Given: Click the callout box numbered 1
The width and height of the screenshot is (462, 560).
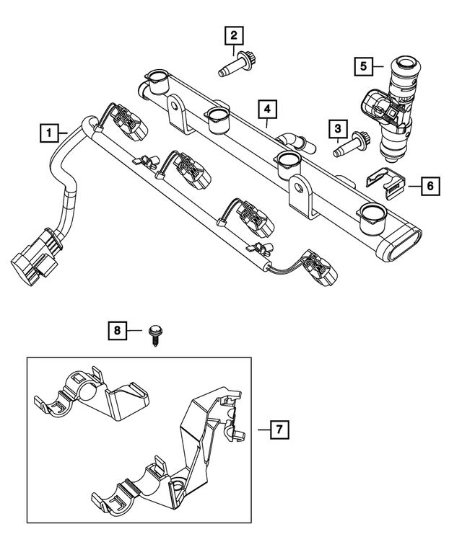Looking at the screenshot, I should pyautogui.click(x=48, y=133).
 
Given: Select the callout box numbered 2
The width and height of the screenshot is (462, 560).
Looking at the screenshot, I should pyautogui.click(x=233, y=34).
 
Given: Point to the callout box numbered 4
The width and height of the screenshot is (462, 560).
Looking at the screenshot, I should pyautogui.click(x=266, y=110).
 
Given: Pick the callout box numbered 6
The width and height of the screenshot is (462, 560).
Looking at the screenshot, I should pyautogui.click(x=429, y=186).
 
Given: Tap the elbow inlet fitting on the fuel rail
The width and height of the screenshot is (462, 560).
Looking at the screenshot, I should pyautogui.click(x=295, y=142).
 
